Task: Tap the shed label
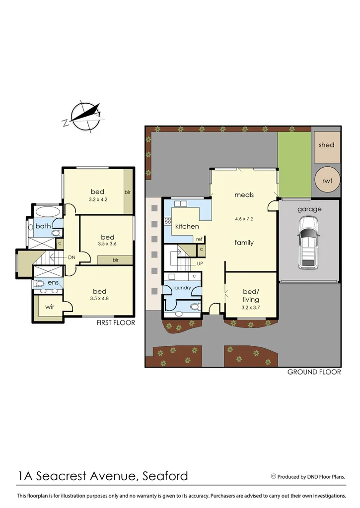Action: (x=326, y=145)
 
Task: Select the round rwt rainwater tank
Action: (x=326, y=182)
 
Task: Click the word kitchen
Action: (x=187, y=226)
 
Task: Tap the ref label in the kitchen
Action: (x=200, y=239)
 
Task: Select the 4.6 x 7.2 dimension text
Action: (x=244, y=218)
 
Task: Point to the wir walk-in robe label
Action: (x=50, y=307)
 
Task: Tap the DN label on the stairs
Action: (x=72, y=257)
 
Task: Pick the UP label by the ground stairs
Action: (x=200, y=263)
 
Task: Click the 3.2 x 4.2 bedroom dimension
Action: (x=98, y=200)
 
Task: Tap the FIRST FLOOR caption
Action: (x=116, y=323)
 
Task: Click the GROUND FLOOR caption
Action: (x=314, y=372)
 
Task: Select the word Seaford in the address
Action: (x=165, y=476)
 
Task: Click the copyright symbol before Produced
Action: (x=273, y=476)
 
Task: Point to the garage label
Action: (x=309, y=209)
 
